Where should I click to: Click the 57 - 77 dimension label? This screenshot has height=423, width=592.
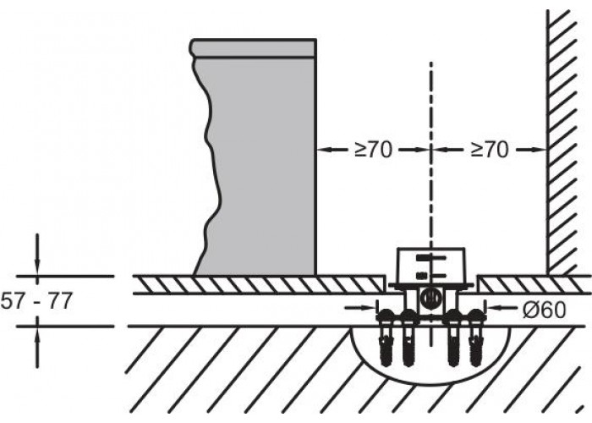(36, 301)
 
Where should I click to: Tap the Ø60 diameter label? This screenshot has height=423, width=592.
(545, 310)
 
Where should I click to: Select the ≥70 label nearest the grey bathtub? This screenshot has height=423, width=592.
(374, 150)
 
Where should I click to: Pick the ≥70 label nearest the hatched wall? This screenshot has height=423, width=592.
(490, 150)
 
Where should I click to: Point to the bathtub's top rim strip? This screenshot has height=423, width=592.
(252, 48)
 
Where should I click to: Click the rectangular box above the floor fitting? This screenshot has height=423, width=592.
(430, 265)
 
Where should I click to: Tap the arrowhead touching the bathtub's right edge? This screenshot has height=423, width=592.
(323, 150)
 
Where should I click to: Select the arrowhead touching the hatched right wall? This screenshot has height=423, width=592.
(540, 150)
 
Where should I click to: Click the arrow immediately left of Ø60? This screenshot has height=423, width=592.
(503, 308)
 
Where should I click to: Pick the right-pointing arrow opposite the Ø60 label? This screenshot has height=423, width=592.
(361, 308)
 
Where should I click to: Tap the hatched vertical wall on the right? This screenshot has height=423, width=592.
(562, 141)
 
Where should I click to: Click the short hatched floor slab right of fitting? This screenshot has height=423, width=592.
(533, 284)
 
